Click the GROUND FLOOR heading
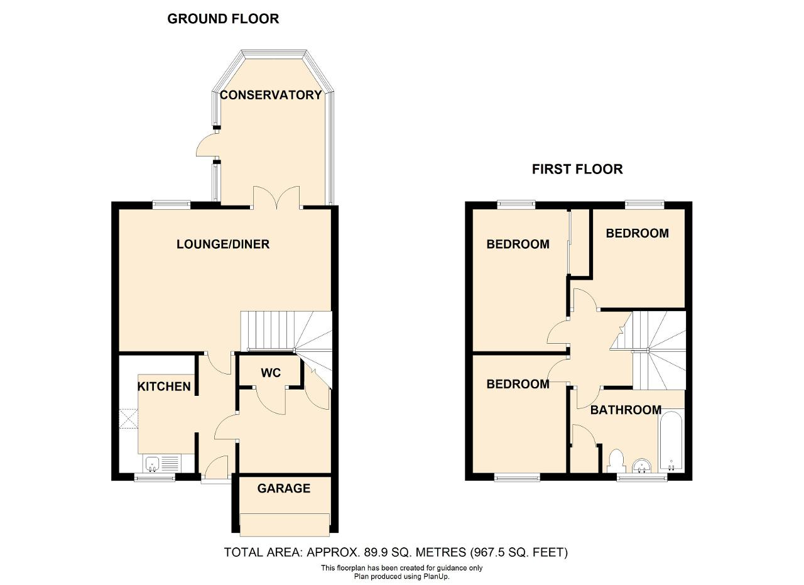[x=223, y=19]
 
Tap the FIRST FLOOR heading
[x=577, y=169]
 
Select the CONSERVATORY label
[x=271, y=95]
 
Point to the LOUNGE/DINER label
[x=223, y=244]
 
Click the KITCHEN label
[x=164, y=387]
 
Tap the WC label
[x=271, y=373]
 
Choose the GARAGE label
[x=284, y=488]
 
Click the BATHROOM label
[x=626, y=410]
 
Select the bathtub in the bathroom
[x=671, y=441]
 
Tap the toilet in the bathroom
[x=617, y=461]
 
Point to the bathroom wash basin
[x=641, y=466]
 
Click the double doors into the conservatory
[x=277, y=198]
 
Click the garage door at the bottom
[x=285, y=525]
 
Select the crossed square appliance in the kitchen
[x=129, y=418]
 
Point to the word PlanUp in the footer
[x=437, y=577]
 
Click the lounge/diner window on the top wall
[x=171, y=205]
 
